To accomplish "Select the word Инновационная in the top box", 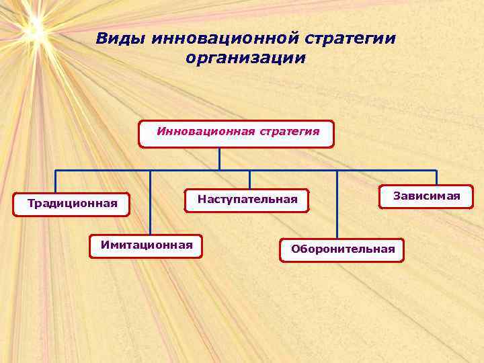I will pyautogui.click(x=202, y=131).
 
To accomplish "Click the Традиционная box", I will pyautogui.click(x=72, y=203).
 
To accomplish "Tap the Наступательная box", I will pyautogui.click(x=247, y=200).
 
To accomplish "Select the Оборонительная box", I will pyautogui.click(x=343, y=249).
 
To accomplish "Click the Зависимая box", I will pyautogui.click(x=427, y=196).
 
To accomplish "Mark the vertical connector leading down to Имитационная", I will pyautogui.click(x=151, y=202).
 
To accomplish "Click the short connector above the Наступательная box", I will pyautogui.click(x=249, y=179).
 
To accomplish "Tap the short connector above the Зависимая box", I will pyautogui.click(x=436, y=177).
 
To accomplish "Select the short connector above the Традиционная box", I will pyautogui.click(x=55, y=182).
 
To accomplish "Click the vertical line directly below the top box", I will pyautogui.click(x=219, y=158).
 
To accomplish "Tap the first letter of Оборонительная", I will pyautogui.click(x=295, y=249).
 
